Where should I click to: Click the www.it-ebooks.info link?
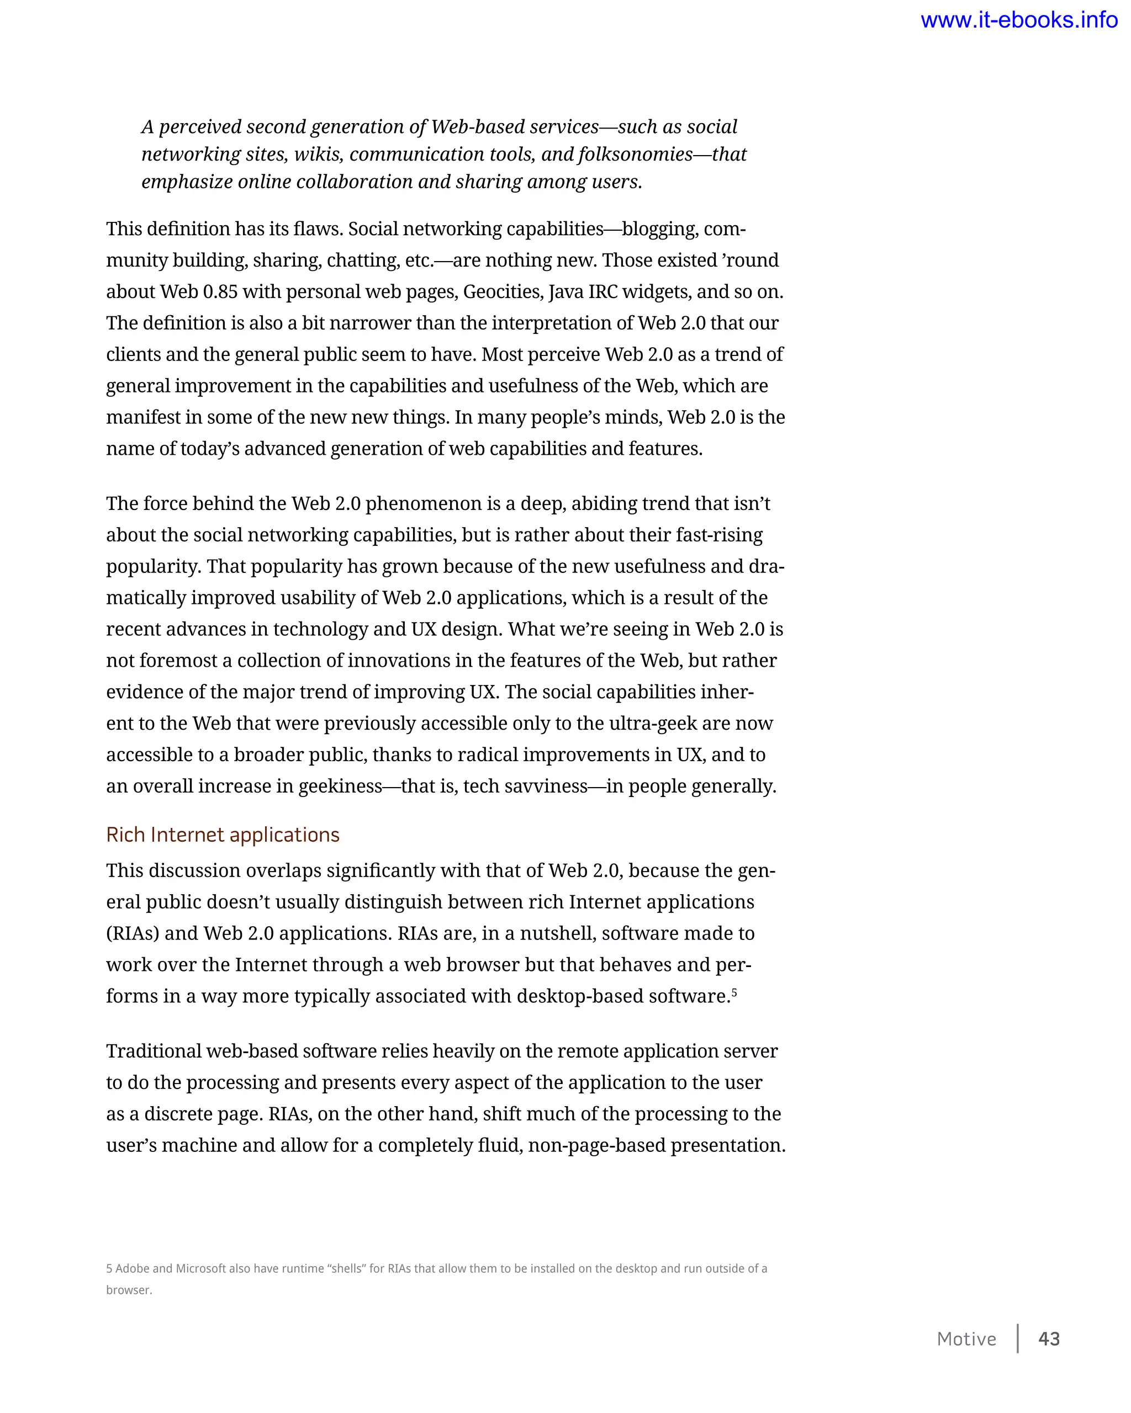[1019, 20]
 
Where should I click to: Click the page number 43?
[1049, 1338]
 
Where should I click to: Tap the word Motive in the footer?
[966, 1339]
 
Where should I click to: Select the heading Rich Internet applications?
[223, 835]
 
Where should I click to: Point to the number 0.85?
[220, 291]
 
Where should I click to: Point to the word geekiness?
[340, 787]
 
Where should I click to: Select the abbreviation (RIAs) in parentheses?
[133, 933]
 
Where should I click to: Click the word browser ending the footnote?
[128, 1290]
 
